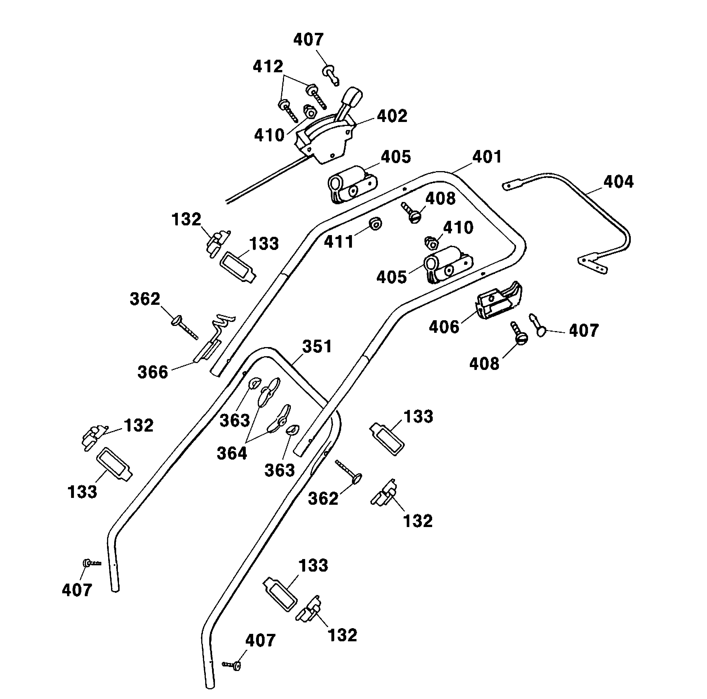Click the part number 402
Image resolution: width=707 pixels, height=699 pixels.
(x=392, y=117)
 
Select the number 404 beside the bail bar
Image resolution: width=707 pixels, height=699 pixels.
(x=619, y=182)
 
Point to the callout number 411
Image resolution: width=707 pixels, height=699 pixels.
(x=339, y=242)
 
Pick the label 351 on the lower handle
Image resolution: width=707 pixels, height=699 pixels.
(x=317, y=347)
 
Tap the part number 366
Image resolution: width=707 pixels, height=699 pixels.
(x=153, y=372)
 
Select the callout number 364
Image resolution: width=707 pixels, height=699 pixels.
(x=232, y=453)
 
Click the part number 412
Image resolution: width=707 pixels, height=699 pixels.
(x=268, y=67)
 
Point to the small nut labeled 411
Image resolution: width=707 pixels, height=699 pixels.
(x=375, y=223)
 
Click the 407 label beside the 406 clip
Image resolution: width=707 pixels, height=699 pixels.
(x=584, y=330)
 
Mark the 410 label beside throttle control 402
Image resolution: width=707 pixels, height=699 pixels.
(x=269, y=135)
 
